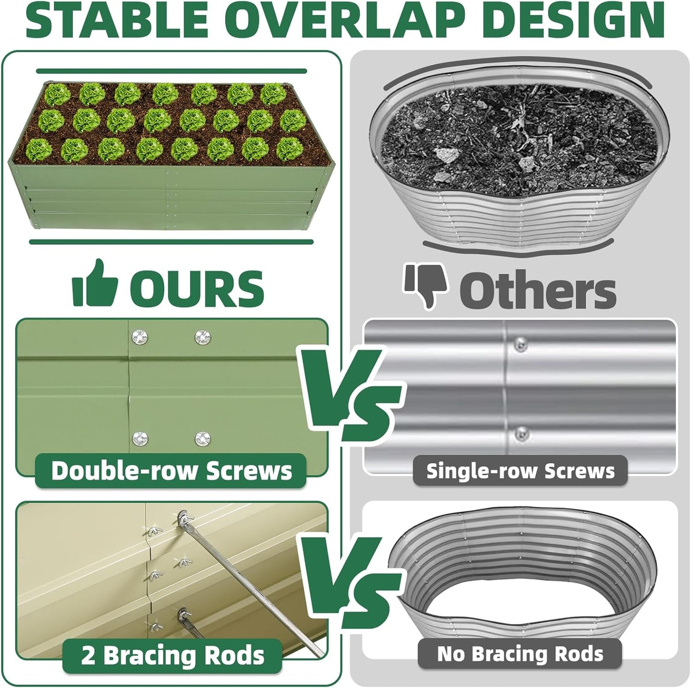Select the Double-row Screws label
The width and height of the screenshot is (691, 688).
(171, 470)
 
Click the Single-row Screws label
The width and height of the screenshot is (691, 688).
(520, 471)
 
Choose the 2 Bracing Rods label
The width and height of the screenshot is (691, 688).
(172, 655)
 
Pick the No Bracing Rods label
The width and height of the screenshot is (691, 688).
(520, 654)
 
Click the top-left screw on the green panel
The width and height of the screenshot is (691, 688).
(140, 337)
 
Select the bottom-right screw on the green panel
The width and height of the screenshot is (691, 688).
(203, 438)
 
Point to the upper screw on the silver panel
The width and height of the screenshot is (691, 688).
(520, 343)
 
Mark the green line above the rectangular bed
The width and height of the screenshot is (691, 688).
(171, 71)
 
